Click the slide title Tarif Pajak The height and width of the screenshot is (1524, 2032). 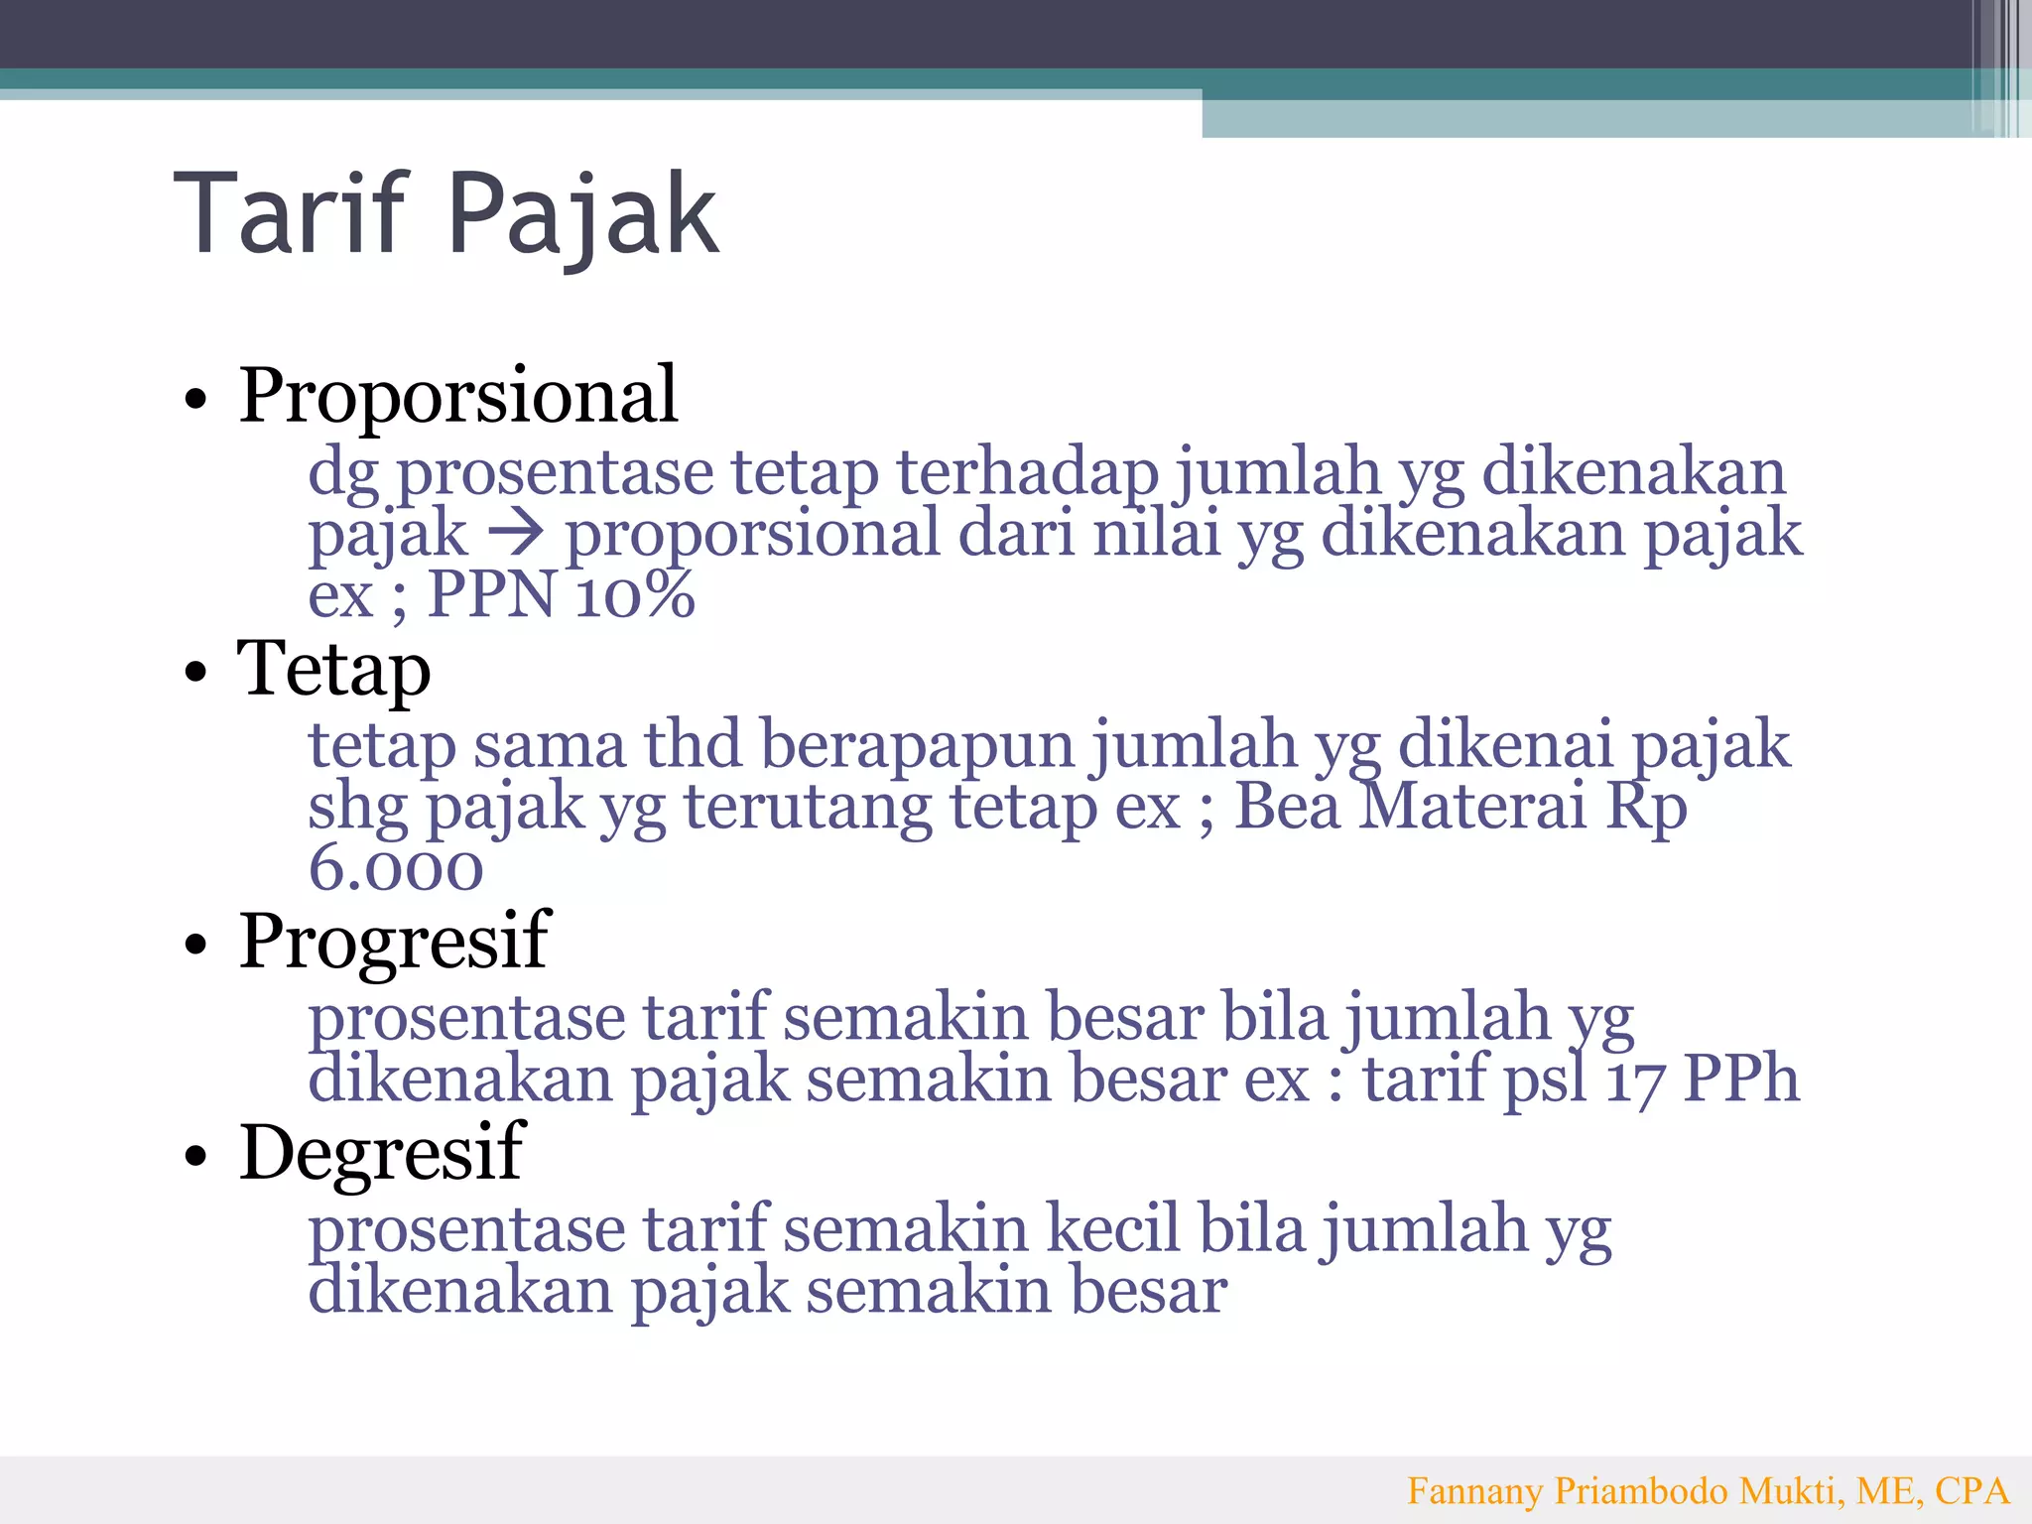(446, 213)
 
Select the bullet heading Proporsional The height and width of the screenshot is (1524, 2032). (457, 395)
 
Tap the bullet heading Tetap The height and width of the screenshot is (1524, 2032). (333, 669)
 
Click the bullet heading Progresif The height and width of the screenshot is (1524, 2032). (394, 941)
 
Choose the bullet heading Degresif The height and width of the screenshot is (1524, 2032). (381, 1153)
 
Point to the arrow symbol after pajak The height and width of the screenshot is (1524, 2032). (516, 534)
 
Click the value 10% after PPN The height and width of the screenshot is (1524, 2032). (635, 595)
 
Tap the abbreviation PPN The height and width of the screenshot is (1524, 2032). (491, 595)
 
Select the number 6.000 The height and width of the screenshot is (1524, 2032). (396, 868)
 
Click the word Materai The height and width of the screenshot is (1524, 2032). (1472, 806)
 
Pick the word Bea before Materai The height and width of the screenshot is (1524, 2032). (1287, 806)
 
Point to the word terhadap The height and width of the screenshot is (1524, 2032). (1027, 472)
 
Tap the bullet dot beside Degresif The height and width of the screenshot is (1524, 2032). (196, 1156)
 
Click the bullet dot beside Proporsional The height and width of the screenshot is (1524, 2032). (196, 400)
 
